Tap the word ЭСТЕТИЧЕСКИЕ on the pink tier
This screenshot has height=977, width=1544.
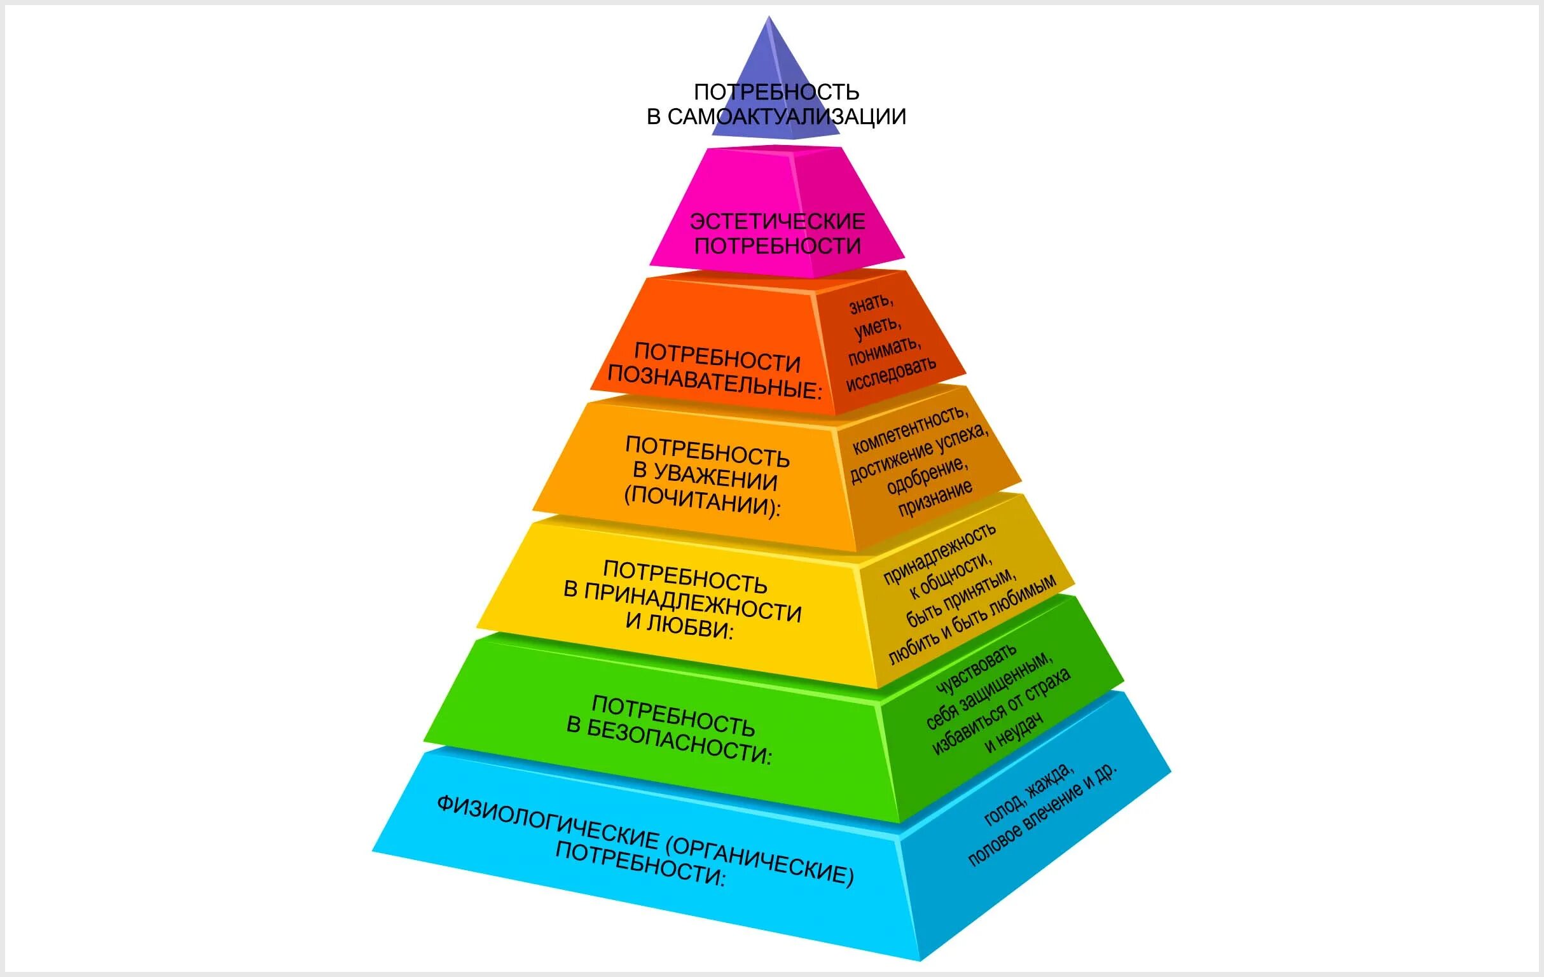click(x=777, y=222)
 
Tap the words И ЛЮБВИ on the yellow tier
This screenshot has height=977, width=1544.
click(x=679, y=625)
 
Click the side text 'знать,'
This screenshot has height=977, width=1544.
click(x=871, y=303)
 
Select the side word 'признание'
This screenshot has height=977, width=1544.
click(x=935, y=499)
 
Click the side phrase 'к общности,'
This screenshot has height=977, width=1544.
click(x=949, y=575)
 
